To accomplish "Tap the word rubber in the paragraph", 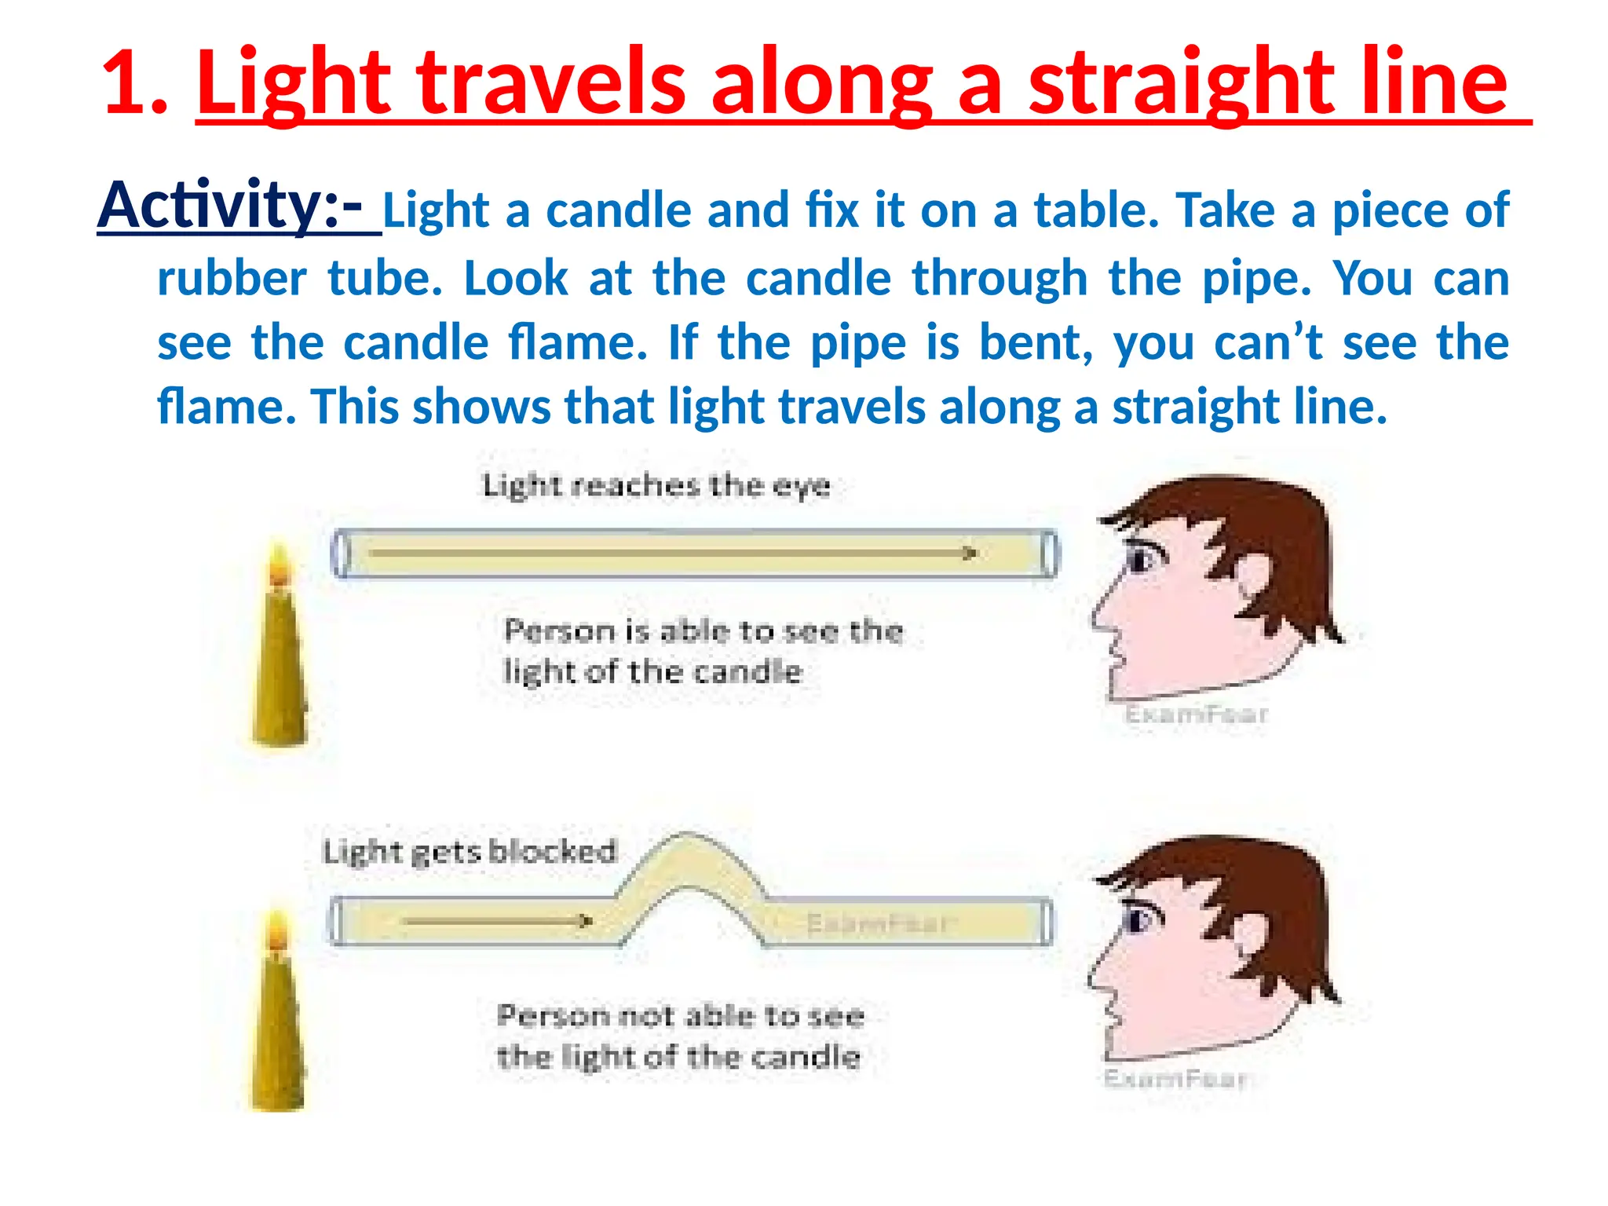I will [x=232, y=279].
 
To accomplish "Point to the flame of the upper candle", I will [x=279, y=564].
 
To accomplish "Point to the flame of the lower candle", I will [x=276, y=934].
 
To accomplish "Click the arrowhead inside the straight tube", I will [x=970, y=554].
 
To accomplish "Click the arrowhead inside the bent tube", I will [x=585, y=921].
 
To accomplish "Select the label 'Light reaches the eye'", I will [x=656, y=485].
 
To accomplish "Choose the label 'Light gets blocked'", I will [x=470, y=852].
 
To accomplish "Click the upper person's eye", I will [x=1141, y=560].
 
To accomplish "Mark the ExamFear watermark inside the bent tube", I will [x=879, y=923].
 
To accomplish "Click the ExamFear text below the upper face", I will [x=1196, y=714].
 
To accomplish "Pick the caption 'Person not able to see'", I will [x=681, y=1016].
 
